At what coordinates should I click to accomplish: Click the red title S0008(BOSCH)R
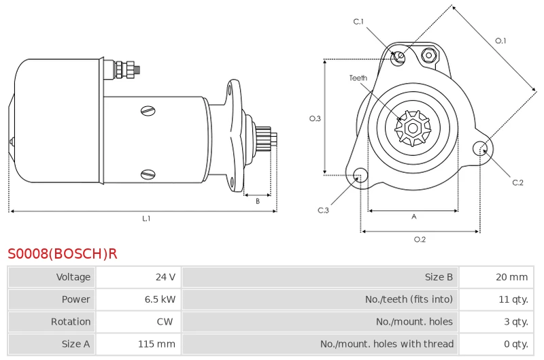point(63,254)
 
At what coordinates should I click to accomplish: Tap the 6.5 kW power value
point(160,299)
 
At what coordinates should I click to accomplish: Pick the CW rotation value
point(165,321)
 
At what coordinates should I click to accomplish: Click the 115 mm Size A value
point(156,344)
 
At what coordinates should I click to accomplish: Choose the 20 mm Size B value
point(512,277)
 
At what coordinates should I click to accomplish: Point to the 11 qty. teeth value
point(513,299)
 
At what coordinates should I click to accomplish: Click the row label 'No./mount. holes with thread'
point(387,344)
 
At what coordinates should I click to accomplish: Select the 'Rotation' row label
point(71,321)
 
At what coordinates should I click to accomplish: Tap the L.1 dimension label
point(146,218)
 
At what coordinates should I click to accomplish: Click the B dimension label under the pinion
point(258,201)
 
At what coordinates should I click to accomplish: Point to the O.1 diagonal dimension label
point(500,41)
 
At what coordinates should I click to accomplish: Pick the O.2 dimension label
point(420,240)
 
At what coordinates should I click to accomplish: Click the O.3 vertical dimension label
point(315,118)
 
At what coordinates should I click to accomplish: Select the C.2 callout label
point(517,182)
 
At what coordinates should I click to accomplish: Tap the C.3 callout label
point(323,210)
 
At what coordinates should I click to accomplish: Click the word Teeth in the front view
point(358,78)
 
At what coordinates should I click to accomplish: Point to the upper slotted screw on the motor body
point(148,111)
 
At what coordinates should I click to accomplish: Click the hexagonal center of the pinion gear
point(413,128)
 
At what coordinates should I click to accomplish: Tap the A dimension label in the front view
point(414,216)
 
